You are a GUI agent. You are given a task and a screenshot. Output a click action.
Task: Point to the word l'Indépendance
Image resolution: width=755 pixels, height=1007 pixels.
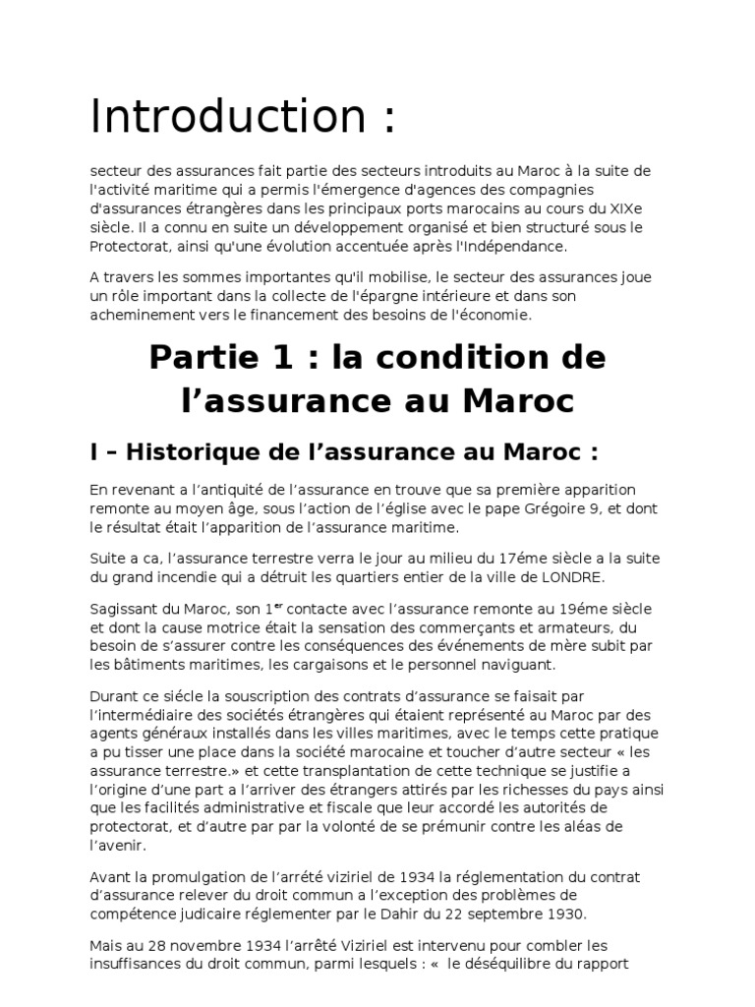[x=517, y=246]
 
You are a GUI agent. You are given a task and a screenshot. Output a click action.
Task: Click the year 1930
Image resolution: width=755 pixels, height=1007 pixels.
[x=565, y=912]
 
